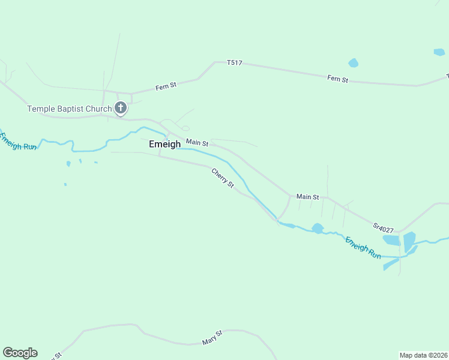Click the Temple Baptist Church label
point(70,109)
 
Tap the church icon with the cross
point(120,109)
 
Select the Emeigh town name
point(164,144)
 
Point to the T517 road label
point(234,62)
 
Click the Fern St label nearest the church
point(166,86)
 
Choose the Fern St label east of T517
point(337,79)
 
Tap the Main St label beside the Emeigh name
point(197,143)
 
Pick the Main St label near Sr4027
point(307,196)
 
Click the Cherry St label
point(222,178)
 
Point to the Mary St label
point(212,337)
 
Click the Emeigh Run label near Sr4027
point(363,247)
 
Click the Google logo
point(20,353)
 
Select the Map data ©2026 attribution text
point(423,355)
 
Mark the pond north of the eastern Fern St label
point(353,63)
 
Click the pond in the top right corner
point(439,52)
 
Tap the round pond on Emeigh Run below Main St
point(318,228)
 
